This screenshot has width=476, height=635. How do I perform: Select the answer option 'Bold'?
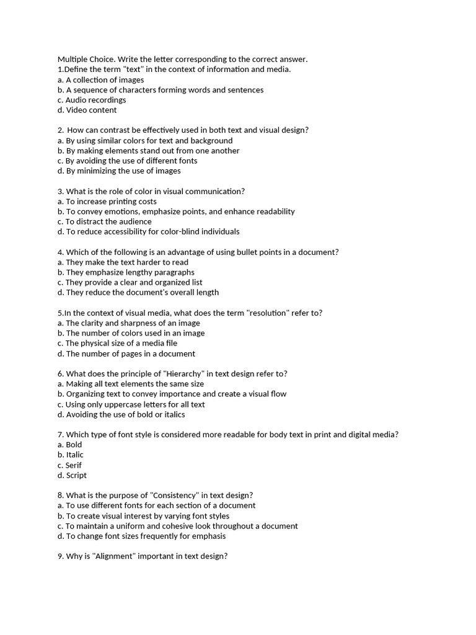tap(74, 445)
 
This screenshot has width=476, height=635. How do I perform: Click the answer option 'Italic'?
tap(74, 455)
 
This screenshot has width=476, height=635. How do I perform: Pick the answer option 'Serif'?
tap(73, 465)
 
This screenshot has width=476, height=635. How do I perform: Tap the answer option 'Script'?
tap(76, 475)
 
